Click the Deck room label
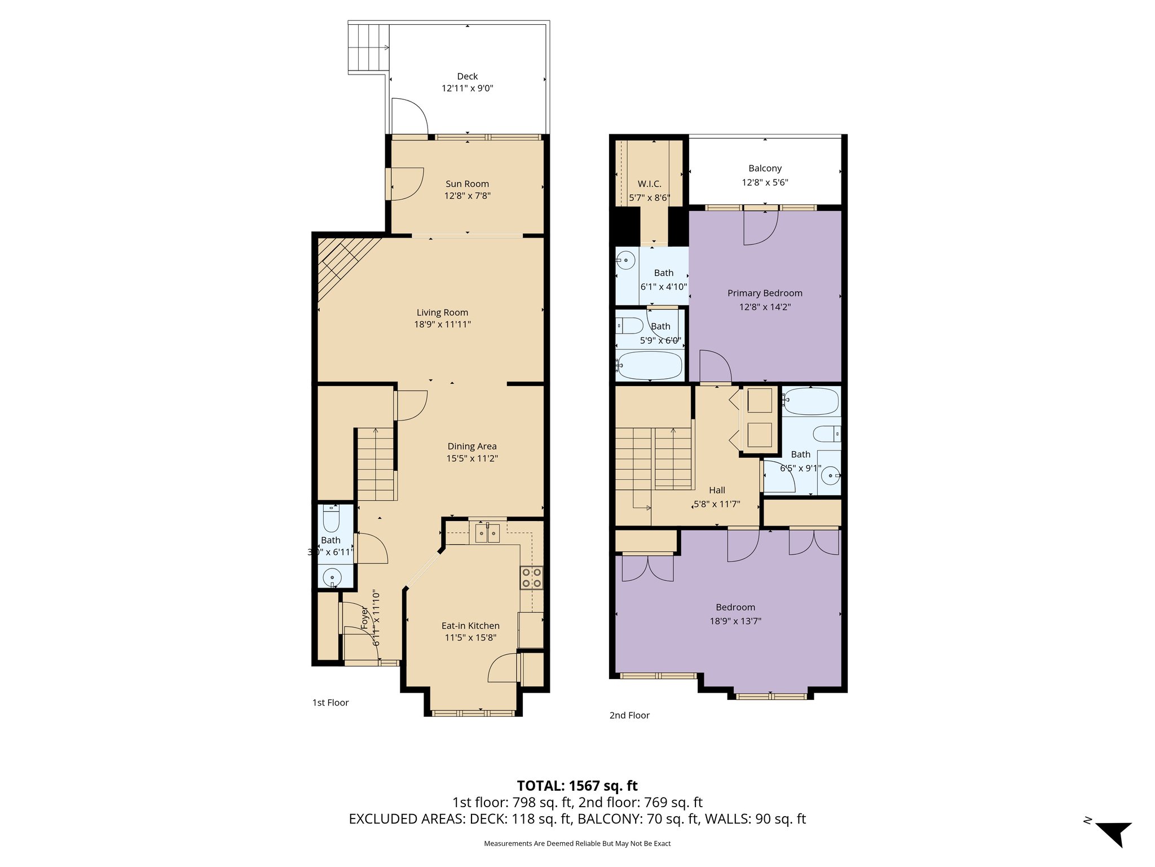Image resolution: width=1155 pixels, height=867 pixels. pos(467,76)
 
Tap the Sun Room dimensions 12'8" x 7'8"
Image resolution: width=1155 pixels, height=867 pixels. pos(467,196)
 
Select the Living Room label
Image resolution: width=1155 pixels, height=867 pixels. pos(442,312)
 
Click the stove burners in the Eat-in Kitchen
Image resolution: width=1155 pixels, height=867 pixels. pos(532,577)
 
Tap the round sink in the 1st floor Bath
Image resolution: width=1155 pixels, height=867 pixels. pos(332,578)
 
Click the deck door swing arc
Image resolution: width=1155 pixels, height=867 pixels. pos(411,115)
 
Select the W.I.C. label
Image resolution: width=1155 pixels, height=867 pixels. pos(649,184)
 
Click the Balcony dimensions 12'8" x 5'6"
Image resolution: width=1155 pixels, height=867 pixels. pos(765,182)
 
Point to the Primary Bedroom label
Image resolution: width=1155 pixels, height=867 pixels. pos(765,293)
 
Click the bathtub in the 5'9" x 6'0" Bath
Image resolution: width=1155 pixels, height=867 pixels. pos(650,365)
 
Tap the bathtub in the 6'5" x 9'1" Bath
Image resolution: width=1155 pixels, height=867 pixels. pos(811,401)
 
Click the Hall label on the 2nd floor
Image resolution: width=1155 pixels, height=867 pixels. pos(717,490)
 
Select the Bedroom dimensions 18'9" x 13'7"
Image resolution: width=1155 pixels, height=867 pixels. pos(735,621)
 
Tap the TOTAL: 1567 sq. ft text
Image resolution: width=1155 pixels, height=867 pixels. pos(577,786)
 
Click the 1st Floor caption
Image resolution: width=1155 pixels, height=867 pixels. pos(330,703)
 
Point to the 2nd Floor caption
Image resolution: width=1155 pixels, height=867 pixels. pos(629,715)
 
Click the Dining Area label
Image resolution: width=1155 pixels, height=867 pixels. pos(472,446)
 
